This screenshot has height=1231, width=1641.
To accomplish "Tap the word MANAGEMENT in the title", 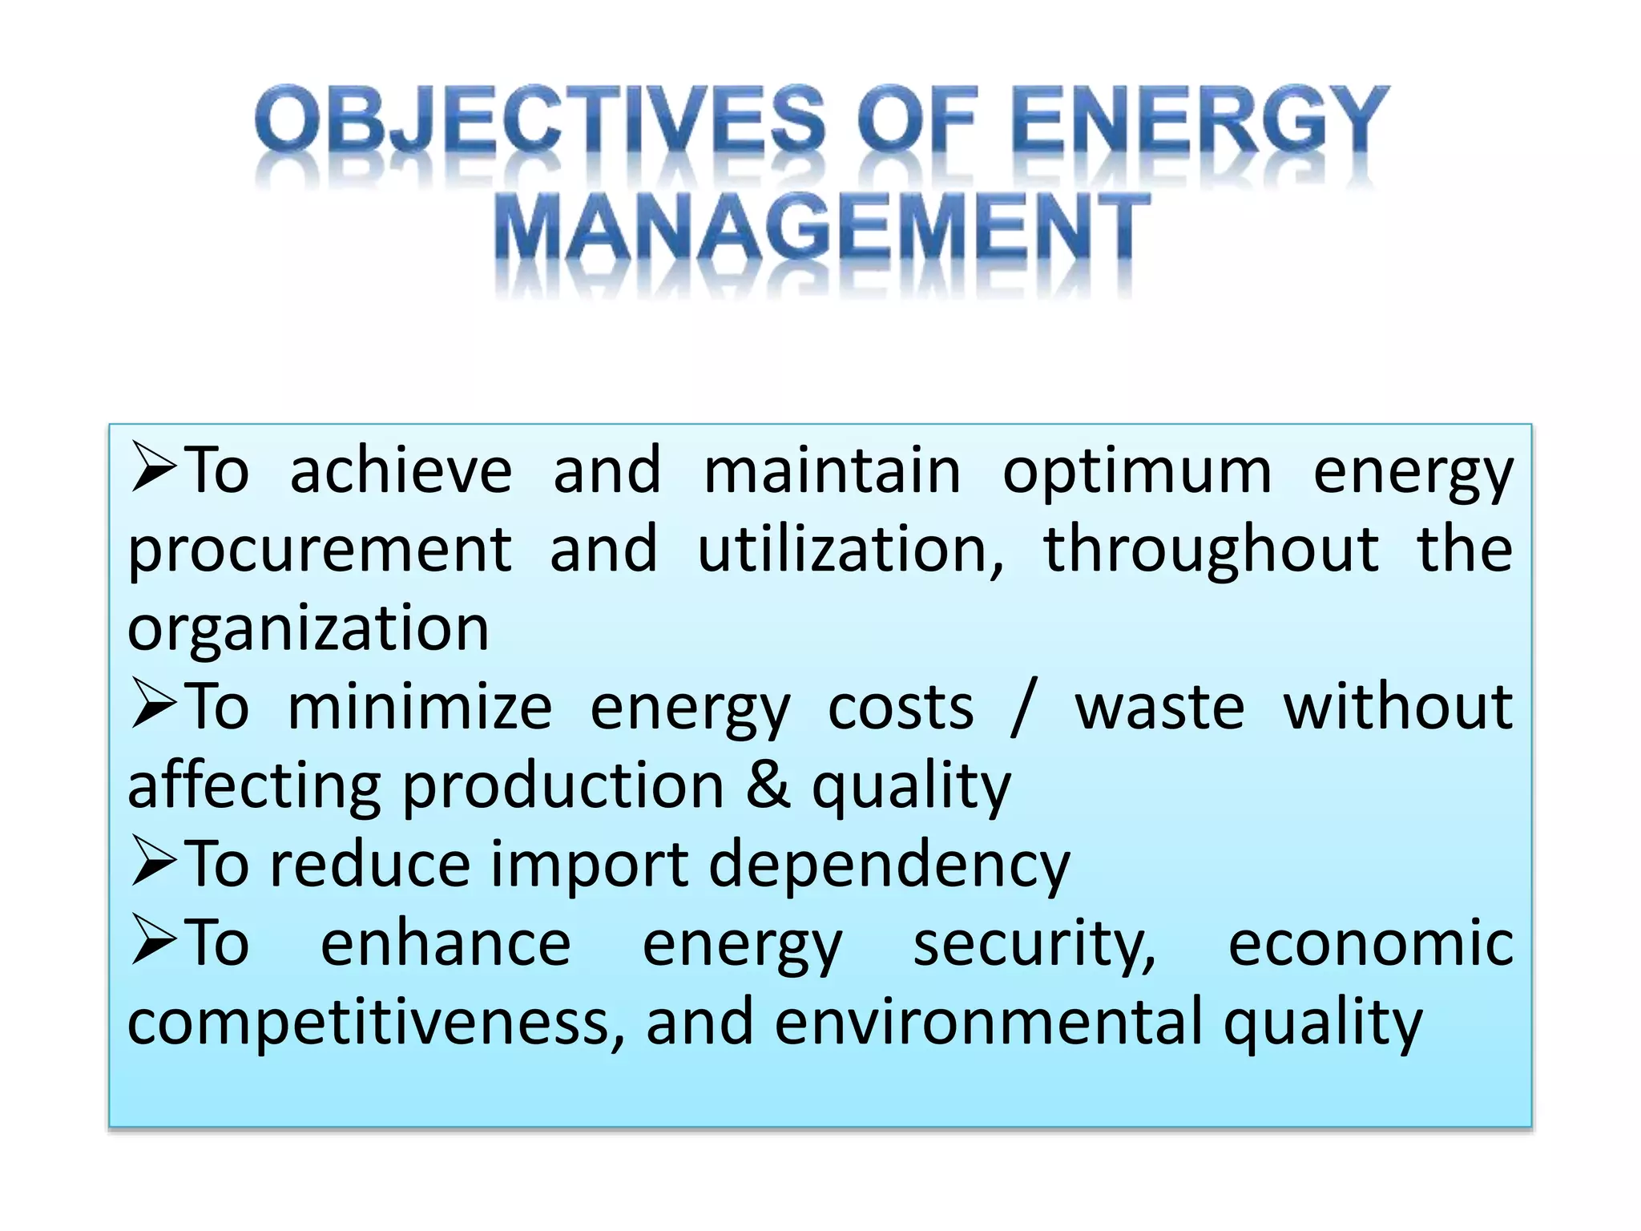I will click(x=820, y=228).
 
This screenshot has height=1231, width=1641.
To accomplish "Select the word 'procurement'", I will click(x=319, y=551).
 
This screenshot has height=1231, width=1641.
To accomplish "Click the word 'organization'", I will click(x=308, y=630).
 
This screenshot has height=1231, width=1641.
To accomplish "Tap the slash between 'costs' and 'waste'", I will click(x=1023, y=707).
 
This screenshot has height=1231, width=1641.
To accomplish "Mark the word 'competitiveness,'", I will click(x=375, y=1023).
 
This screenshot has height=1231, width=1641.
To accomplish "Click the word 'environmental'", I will click(x=988, y=1023).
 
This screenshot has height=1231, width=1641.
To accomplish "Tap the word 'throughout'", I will click(x=1210, y=551).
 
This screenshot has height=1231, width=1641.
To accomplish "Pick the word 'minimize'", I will click(x=420, y=707).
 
